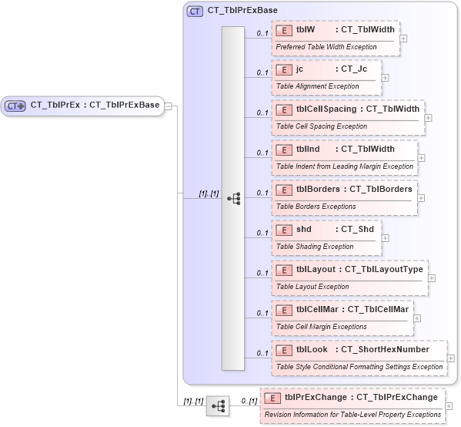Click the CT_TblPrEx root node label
tap(94, 105)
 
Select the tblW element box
tap(336, 37)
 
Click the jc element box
tap(326, 77)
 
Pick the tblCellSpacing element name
tap(326, 109)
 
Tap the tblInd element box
tap(344, 157)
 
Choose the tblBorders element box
tap(344, 197)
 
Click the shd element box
tap(326, 237)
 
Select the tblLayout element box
tap(349, 277)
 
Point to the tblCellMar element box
tap(342, 318)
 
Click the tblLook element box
tap(359, 358)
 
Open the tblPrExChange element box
tap(352, 405)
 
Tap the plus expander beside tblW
tap(404, 38)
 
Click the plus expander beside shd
tap(386, 237)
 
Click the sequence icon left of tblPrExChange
tap(218, 405)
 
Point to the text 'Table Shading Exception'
tap(315, 247)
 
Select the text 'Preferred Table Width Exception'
tap(326, 46)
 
